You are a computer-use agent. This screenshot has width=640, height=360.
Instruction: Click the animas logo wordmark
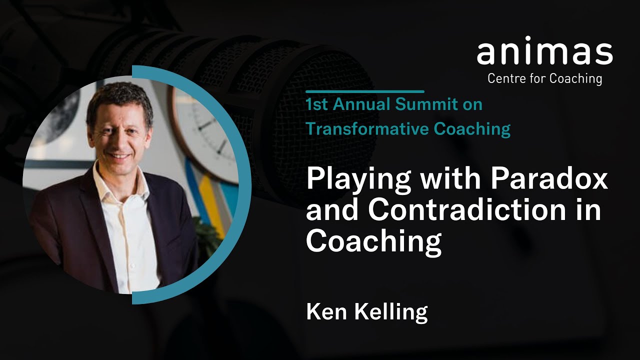544,53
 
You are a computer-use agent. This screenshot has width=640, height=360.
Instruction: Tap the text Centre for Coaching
544,78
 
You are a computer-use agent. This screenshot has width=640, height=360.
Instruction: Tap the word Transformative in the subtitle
367,129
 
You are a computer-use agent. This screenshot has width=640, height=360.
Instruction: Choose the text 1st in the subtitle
316,105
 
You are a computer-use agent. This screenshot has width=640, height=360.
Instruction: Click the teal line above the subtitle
364,92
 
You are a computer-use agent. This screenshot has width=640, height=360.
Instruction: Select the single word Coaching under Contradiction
373,242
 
